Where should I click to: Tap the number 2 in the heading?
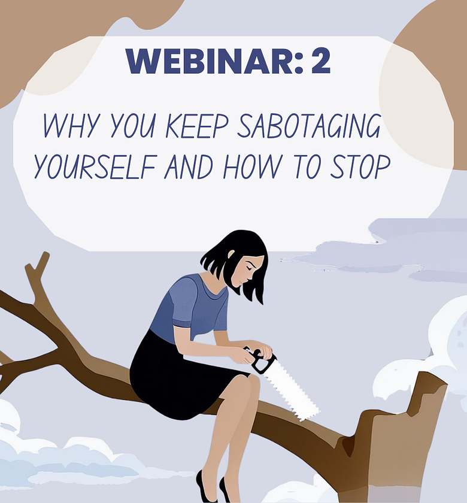pos(320,60)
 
